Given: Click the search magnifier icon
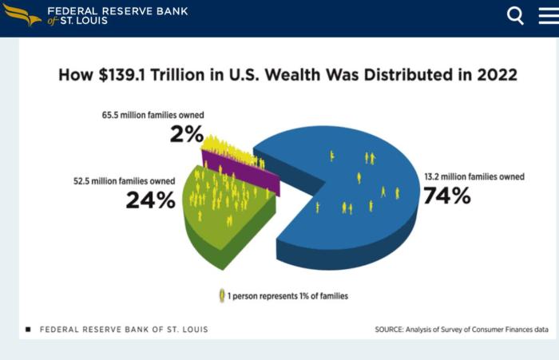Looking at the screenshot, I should click(x=516, y=15).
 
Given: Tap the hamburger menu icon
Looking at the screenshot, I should click(x=549, y=15).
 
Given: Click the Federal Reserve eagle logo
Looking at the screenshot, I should click(x=22, y=14).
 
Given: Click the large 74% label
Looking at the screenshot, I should click(x=446, y=195).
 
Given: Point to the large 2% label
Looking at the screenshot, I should click(x=186, y=133).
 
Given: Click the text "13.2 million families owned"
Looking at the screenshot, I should click(x=474, y=176).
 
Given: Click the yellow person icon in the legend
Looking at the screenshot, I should click(x=221, y=296).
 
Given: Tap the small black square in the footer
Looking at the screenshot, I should click(x=29, y=329).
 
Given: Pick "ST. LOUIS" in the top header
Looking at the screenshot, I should click(x=85, y=21).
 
